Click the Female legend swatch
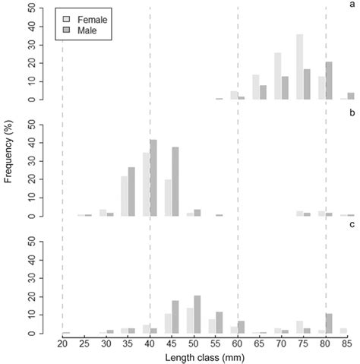(x=68, y=17)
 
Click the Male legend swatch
(x=68, y=30)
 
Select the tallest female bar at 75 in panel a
(x=300, y=67)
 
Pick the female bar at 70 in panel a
(x=278, y=76)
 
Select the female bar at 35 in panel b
(x=125, y=196)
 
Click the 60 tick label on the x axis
(x=238, y=343)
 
